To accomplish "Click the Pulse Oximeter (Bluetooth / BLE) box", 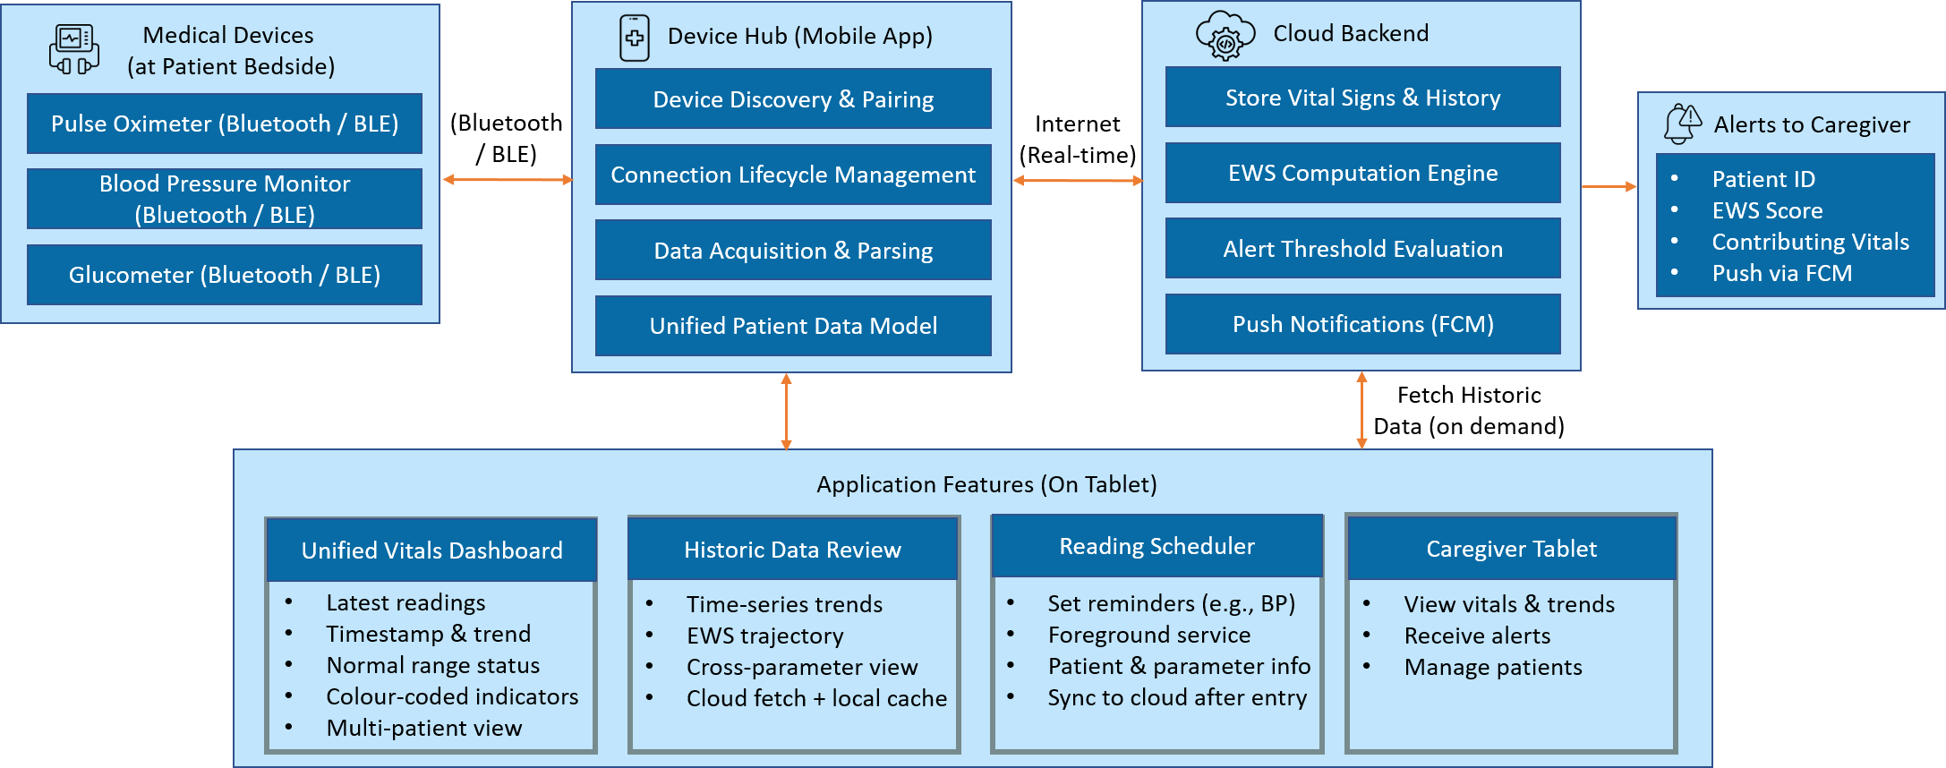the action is pos(225,124).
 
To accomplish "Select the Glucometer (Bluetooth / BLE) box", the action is pos(225,275).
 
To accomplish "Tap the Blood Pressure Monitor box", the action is pos(225,199).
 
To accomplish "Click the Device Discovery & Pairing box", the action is pos(793,98).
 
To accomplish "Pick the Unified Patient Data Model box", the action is pos(793,326).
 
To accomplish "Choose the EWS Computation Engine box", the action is pos(1362,173).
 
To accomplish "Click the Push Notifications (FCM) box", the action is pos(1362,324).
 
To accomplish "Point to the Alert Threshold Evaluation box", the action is pos(1362,248).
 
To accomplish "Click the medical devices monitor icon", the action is pos(74,49).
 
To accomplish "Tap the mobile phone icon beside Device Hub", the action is pos(635,38).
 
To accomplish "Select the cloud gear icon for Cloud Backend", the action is pos(1225,36).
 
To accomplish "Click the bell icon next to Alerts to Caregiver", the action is pos(1683,124).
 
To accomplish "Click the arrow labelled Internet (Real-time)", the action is pos(1078,181).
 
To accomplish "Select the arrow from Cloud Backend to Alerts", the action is pos(1609,186).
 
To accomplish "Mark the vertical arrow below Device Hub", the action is pos(786,412).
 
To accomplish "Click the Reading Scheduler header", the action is pos(1157,546).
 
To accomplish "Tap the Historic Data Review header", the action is pos(793,549).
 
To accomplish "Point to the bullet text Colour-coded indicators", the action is pos(452,696).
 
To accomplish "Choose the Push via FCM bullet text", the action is pos(1782,273).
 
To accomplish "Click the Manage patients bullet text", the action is pos(1493,667).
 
